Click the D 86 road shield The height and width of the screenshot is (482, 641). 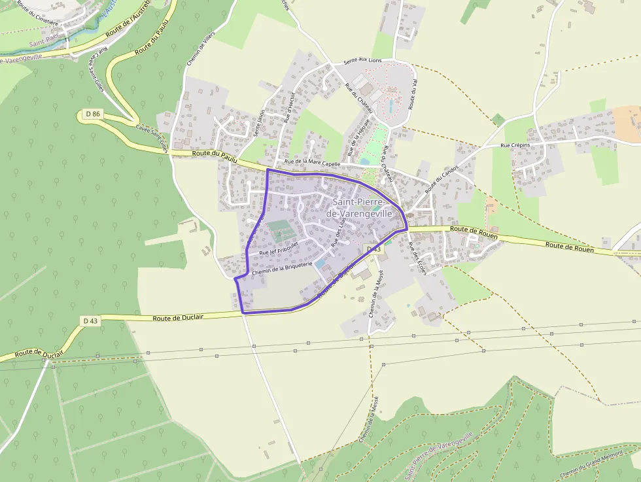click(93, 114)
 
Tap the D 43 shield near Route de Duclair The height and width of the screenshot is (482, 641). click(90, 320)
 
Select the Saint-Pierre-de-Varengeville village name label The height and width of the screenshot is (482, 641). click(362, 208)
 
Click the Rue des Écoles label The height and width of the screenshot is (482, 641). click(417, 259)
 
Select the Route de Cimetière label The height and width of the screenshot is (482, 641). click(37, 12)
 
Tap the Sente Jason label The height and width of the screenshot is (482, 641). click(259, 122)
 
